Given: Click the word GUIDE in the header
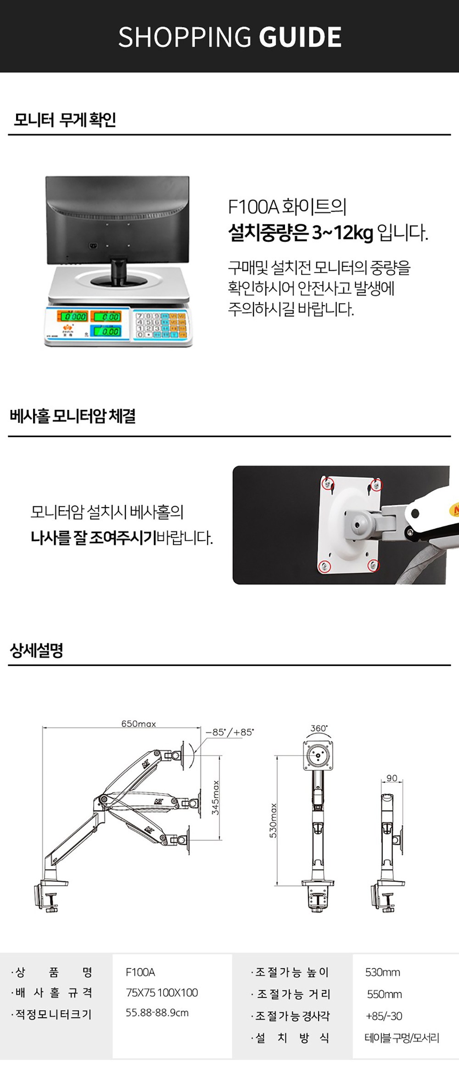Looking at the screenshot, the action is pyautogui.click(x=300, y=37).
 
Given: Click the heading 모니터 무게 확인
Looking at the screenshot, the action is pyautogui.click(x=64, y=120).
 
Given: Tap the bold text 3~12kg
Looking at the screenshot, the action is pyautogui.click(x=342, y=233).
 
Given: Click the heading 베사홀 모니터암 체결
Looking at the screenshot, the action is pyautogui.click(x=73, y=416).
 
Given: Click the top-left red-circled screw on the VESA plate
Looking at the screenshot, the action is pyautogui.click(x=327, y=483).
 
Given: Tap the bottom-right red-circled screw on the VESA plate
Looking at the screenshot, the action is pyautogui.click(x=374, y=565).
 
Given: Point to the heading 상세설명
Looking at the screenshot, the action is pyautogui.click(x=36, y=650).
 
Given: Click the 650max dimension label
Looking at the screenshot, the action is pyautogui.click(x=138, y=724).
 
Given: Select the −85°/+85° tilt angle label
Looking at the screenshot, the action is pyautogui.click(x=229, y=732).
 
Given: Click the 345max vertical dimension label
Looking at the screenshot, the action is pyautogui.click(x=215, y=798).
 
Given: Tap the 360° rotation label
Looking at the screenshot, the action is pyautogui.click(x=319, y=728).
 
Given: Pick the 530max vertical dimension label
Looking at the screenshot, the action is pyautogui.click(x=273, y=820).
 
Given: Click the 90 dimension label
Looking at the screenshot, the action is pyautogui.click(x=392, y=778).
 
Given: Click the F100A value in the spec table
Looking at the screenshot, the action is pyautogui.click(x=140, y=972).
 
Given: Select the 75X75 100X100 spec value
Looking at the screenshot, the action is pyautogui.click(x=162, y=992).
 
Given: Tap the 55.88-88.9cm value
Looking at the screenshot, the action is pyautogui.click(x=157, y=1013).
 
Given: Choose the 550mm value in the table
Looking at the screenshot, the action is pyautogui.click(x=384, y=994).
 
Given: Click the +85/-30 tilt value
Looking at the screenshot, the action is pyautogui.click(x=384, y=1016).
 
